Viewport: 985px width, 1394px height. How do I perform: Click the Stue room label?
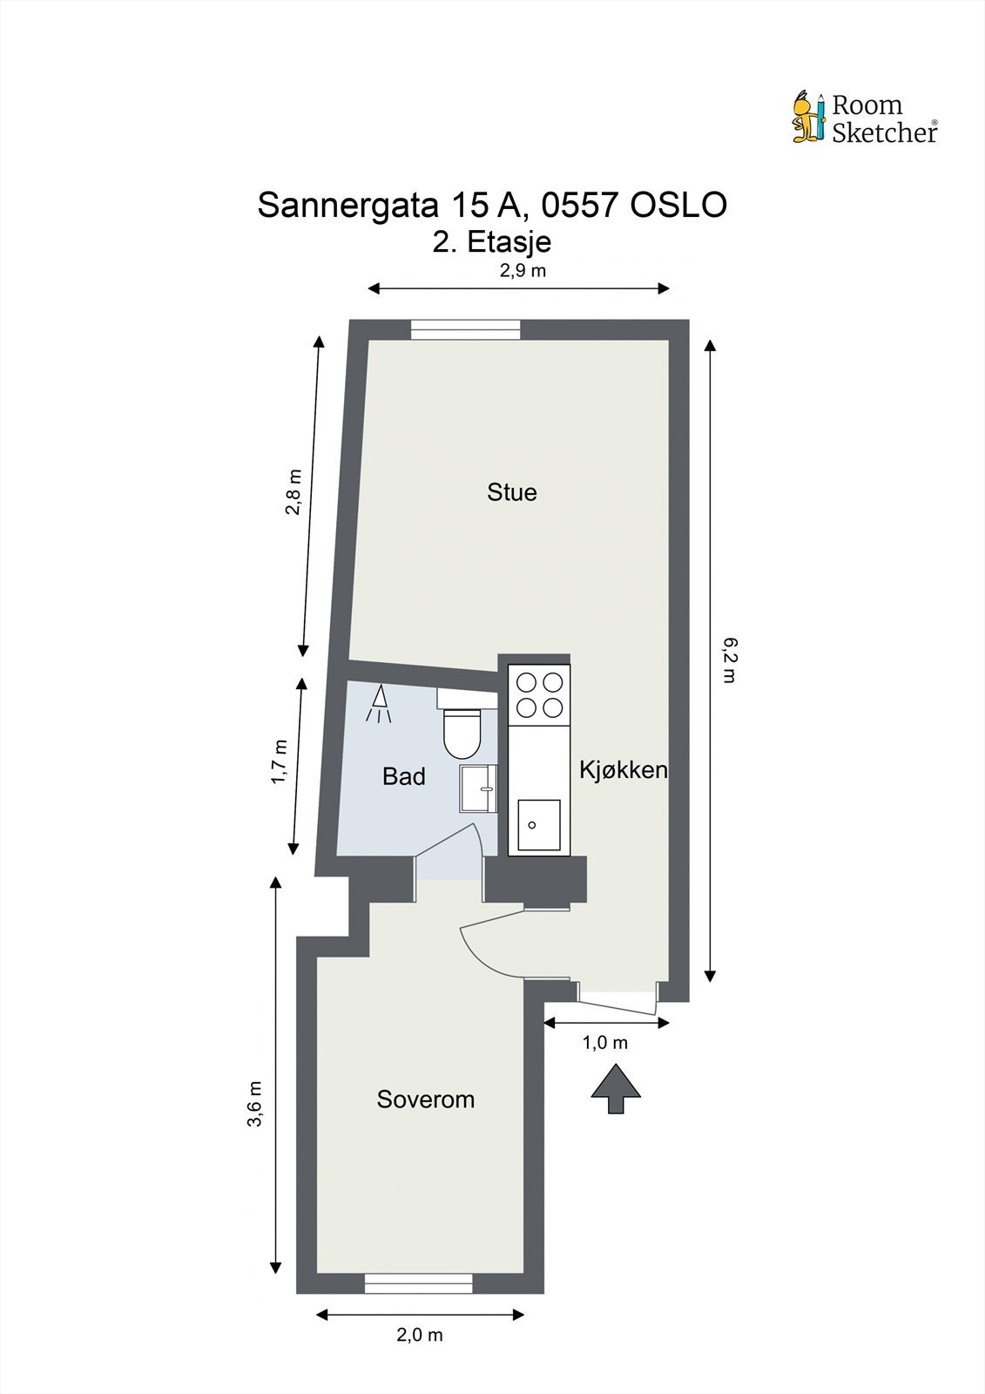pyautogui.click(x=511, y=492)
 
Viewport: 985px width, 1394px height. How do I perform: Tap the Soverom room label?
pyautogui.click(x=425, y=1100)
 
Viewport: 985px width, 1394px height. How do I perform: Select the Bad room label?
pyautogui.click(x=403, y=776)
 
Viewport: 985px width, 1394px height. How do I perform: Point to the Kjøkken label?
pyautogui.click(x=623, y=770)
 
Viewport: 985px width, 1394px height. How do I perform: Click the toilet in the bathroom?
pyautogui.click(x=462, y=732)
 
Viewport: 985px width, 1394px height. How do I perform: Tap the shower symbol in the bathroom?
pyautogui.click(x=379, y=705)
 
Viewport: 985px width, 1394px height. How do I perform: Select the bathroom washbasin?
pyautogui.click(x=478, y=788)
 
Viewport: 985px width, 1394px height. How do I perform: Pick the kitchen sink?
pyautogui.click(x=538, y=824)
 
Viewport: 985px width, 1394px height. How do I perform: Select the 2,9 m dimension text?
pyautogui.click(x=523, y=270)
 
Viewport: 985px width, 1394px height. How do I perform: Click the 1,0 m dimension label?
pyautogui.click(x=604, y=1043)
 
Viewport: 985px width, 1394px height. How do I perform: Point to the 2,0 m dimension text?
pyautogui.click(x=420, y=1335)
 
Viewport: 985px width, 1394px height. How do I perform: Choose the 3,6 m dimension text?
pyautogui.click(x=254, y=1104)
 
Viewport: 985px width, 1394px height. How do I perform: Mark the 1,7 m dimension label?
pyautogui.click(x=279, y=761)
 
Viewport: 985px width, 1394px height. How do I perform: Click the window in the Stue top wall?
pyautogui.click(x=465, y=329)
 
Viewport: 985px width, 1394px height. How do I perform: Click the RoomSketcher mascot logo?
pyautogui.click(x=807, y=117)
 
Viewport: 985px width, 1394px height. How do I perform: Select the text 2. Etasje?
pyautogui.click(x=492, y=241)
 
